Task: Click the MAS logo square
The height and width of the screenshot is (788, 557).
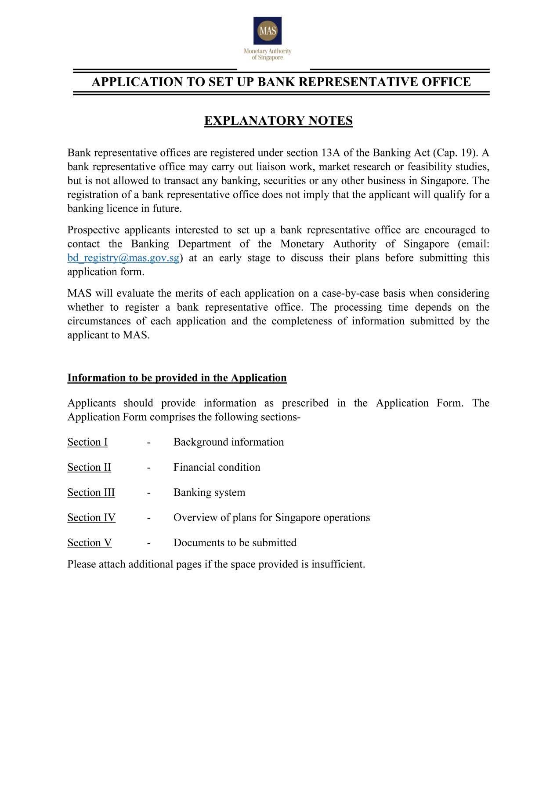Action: tap(268, 31)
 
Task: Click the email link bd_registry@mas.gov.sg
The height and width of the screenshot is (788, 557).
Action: tap(123, 258)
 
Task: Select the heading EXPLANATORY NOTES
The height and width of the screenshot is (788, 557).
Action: tap(278, 121)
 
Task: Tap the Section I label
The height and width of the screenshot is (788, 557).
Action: tap(87, 442)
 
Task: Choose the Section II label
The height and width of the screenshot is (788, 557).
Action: tap(89, 467)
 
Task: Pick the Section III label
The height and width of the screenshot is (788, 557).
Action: tap(91, 492)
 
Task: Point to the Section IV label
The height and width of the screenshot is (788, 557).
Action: tap(91, 518)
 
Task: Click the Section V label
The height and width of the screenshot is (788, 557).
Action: tap(90, 543)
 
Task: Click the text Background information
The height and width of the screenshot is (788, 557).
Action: tap(228, 442)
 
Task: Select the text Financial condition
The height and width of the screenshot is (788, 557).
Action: tap(217, 467)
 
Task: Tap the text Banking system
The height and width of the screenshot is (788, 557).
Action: tap(209, 492)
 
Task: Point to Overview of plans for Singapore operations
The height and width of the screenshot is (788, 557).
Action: tap(271, 518)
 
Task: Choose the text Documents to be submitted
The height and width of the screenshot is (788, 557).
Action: tap(235, 543)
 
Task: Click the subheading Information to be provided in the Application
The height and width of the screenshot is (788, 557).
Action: tap(177, 378)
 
